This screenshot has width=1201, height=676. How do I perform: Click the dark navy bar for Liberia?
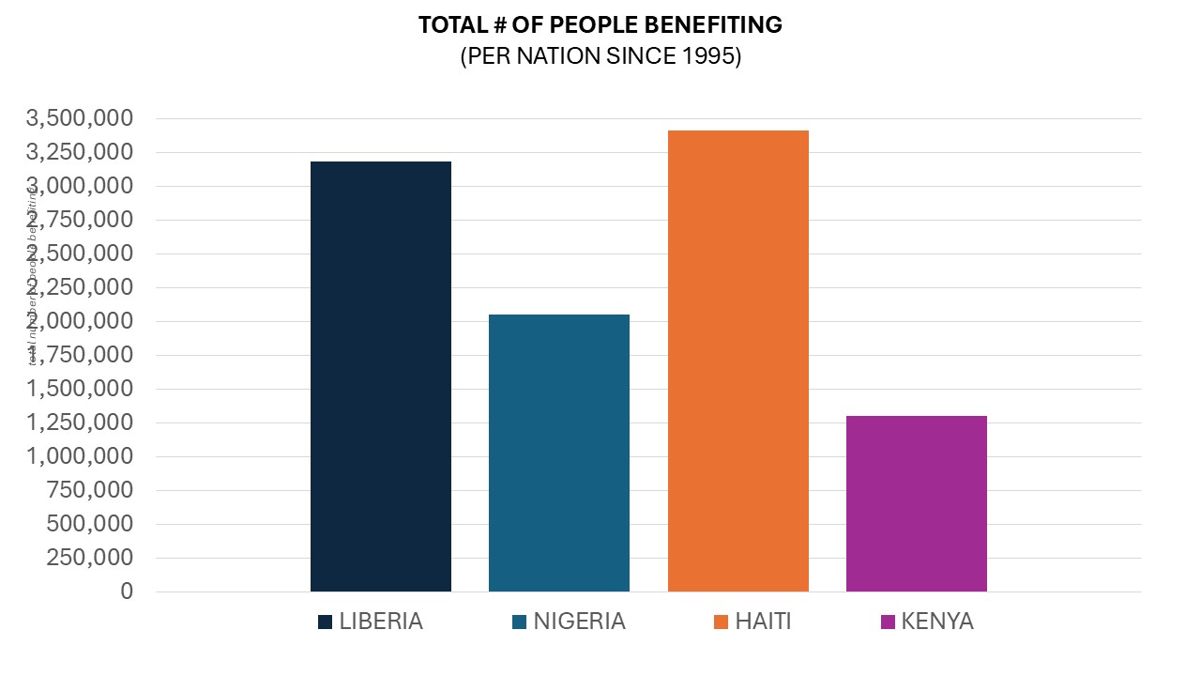[380, 376]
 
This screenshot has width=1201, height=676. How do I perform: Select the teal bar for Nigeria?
[558, 453]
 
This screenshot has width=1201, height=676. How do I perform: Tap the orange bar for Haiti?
[737, 361]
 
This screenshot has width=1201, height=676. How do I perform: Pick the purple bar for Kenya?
[916, 503]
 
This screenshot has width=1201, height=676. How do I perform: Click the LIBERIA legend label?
[381, 622]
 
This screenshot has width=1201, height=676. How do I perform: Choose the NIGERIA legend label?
[579, 622]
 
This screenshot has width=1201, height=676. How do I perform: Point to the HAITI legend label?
[763, 622]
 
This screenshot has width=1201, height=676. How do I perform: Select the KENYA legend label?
[936, 622]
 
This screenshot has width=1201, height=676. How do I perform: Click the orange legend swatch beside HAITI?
[721, 622]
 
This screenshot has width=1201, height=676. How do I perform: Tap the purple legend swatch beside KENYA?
[889, 622]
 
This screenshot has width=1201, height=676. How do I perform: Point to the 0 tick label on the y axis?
[127, 591]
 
